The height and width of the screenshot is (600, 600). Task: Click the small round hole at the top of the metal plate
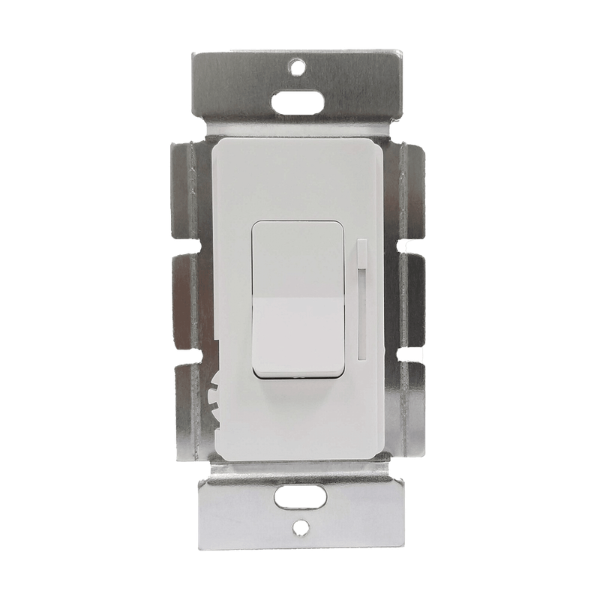pos(299,65)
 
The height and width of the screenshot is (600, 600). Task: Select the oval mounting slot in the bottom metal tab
pos(299,496)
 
